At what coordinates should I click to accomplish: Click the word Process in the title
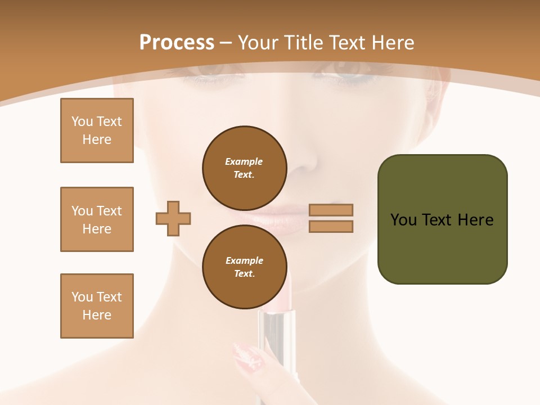(177, 43)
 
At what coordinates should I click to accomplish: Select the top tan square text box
(97, 130)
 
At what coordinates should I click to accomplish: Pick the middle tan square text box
(97, 219)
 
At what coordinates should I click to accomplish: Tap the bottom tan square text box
(97, 306)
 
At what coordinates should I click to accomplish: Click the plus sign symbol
(173, 218)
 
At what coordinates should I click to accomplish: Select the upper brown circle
(245, 168)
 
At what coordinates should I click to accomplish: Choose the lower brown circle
(245, 267)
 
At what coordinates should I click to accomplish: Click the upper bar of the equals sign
(331, 210)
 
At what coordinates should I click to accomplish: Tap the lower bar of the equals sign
(331, 226)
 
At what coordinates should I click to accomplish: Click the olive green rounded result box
(442, 219)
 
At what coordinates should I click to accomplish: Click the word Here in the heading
(390, 43)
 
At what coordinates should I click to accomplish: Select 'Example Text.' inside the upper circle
(244, 168)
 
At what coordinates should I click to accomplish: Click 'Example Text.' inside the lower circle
(244, 267)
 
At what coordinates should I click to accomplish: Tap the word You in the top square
(82, 121)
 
